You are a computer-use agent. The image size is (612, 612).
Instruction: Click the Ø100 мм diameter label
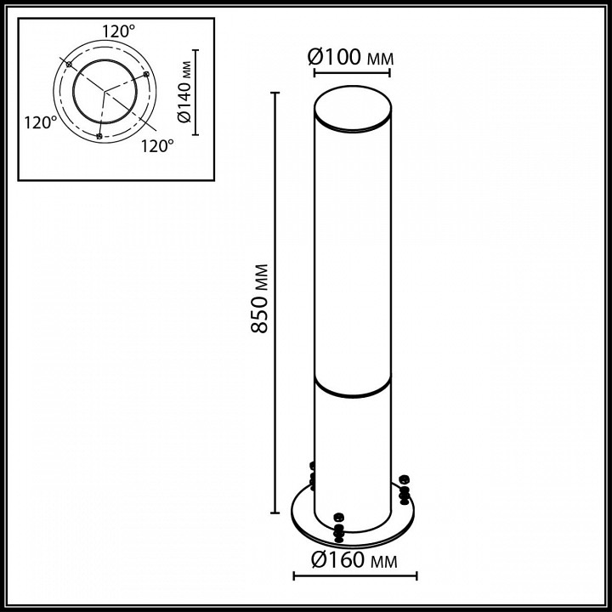click(x=350, y=58)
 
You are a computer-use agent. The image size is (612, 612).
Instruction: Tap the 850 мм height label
click(x=259, y=298)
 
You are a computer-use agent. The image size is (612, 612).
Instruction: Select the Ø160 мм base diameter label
click(x=354, y=560)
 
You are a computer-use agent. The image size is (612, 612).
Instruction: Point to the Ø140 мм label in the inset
click(x=184, y=92)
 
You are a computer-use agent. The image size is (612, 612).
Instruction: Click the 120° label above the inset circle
click(x=119, y=31)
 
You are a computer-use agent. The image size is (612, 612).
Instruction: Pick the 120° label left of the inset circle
click(x=41, y=122)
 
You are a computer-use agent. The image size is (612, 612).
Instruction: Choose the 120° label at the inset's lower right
click(x=157, y=146)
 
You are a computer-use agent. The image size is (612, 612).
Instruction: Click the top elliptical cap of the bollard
click(x=353, y=109)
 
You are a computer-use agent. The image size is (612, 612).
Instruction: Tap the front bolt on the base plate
click(x=339, y=528)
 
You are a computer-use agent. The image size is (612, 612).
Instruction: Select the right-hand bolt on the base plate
click(x=405, y=490)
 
